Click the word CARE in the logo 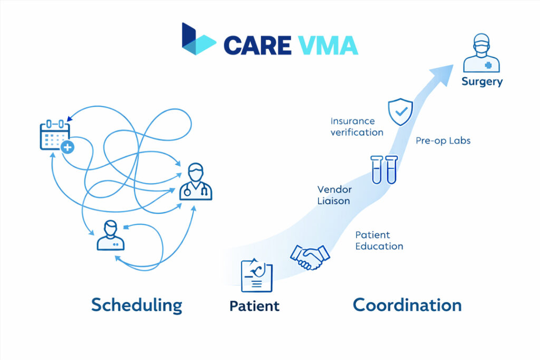[257, 45]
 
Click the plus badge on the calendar [67, 148]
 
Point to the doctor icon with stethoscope [195, 182]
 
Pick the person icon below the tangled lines [111, 236]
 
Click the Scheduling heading [137, 305]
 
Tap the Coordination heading [407, 305]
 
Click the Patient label [254, 306]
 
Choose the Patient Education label [379, 240]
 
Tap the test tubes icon [384, 169]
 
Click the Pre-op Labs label [443, 141]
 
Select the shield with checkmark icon [399, 111]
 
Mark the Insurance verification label [356, 127]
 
